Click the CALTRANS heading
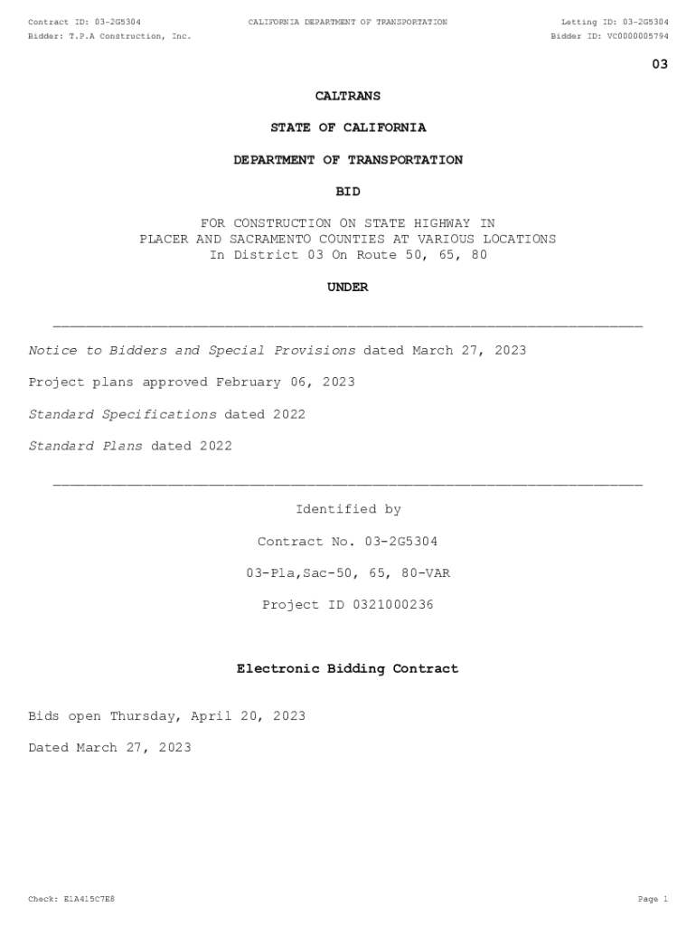[x=348, y=96]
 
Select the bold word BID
[x=348, y=192]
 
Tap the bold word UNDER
[x=348, y=288]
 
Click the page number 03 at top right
[x=660, y=64]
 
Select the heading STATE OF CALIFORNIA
[x=348, y=128]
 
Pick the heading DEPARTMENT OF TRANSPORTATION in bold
[x=348, y=160]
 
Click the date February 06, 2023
[x=285, y=382]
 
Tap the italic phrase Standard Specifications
[x=122, y=414]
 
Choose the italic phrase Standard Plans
[x=85, y=446]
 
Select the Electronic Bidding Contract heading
[x=348, y=669]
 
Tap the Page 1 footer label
[x=653, y=900]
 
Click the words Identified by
[x=348, y=510]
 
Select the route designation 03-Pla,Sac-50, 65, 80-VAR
[x=348, y=573]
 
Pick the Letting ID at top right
[x=615, y=22]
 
